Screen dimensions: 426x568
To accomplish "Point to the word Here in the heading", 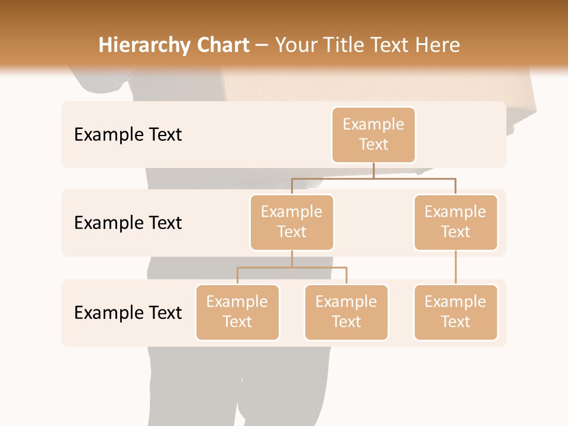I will (x=436, y=45).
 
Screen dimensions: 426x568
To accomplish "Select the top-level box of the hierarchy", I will (x=373, y=135).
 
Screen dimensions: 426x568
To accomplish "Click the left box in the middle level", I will (x=292, y=222).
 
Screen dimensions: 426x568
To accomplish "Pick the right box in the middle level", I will (x=456, y=222).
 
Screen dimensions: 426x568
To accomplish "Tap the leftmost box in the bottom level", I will (x=237, y=312).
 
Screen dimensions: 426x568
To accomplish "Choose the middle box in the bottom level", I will (x=346, y=312).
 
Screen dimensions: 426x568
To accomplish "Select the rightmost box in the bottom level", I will (x=456, y=312).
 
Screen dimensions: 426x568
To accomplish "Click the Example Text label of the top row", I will (x=128, y=135).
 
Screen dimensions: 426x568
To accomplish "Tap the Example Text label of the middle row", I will (x=128, y=223).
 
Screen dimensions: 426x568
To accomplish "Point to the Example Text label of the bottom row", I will (x=128, y=312).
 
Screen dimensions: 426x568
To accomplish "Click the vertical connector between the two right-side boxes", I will (x=456, y=267).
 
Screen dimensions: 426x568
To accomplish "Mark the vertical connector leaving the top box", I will (x=373, y=170).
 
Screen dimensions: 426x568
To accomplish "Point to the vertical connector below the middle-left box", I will (x=292, y=259).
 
